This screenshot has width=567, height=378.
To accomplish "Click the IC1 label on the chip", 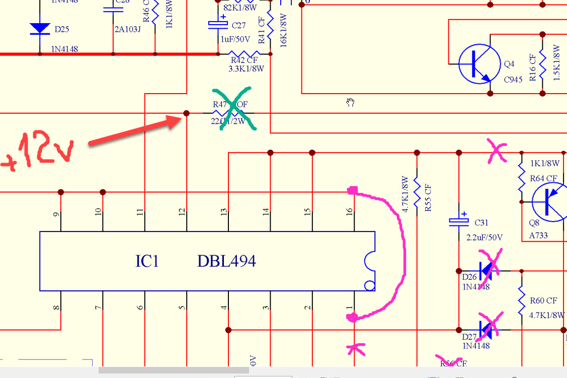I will tap(147, 261).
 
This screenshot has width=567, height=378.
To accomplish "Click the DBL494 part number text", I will tap(226, 261).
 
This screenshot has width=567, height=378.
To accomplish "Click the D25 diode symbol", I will tap(40, 29).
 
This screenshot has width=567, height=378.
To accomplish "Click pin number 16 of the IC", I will tap(350, 212).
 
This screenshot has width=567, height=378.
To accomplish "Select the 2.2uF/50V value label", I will tap(484, 237).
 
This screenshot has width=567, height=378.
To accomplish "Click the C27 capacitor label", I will tap(238, 25).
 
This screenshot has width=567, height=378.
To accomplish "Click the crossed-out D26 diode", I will tap(486, 271).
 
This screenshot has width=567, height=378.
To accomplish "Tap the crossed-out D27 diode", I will tap(486, 330).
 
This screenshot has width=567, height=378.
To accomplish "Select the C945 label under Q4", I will tap(513, 80).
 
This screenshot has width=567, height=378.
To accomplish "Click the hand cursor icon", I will tap(351, 103).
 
